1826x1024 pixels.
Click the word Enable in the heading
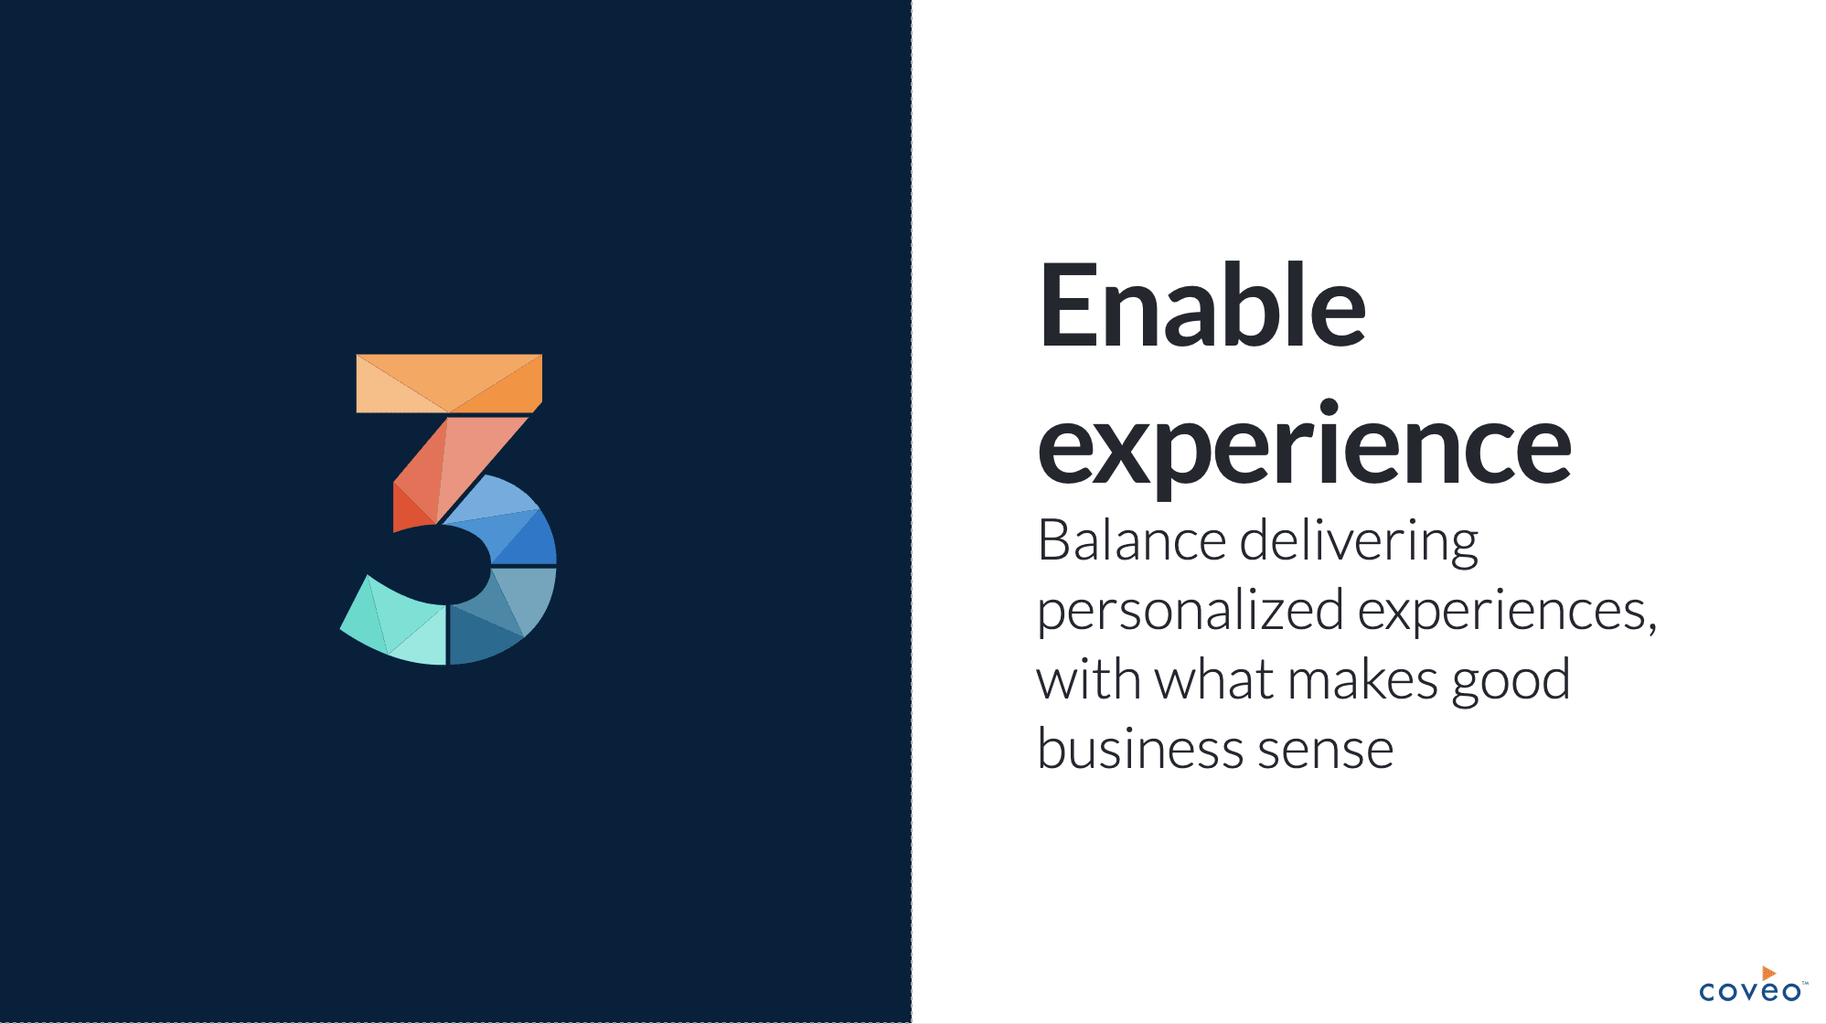click(1201, 305)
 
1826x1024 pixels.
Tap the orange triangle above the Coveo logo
click(1768, 973)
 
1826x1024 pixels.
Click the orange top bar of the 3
click(449, 383)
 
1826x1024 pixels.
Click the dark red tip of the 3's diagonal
click(409, 510)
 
